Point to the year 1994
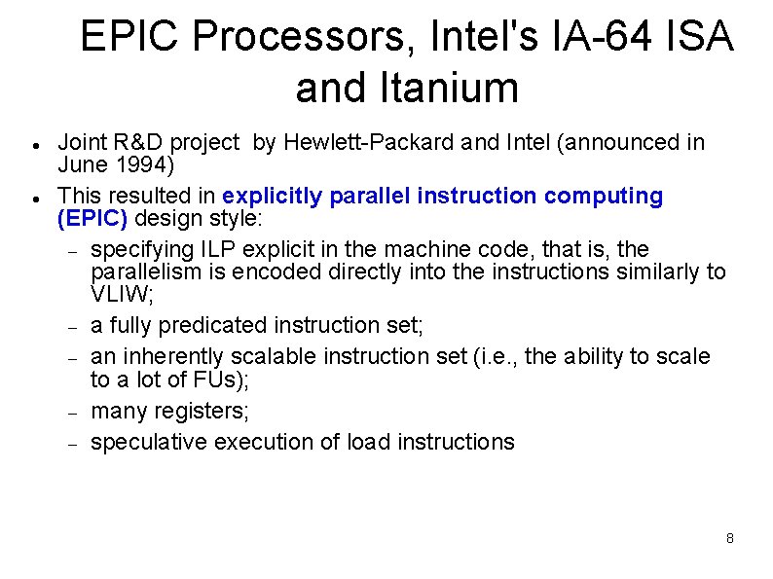click(x=144, y=163)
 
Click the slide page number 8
click(x=729, y=538)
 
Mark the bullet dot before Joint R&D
click(x=34, y=145)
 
